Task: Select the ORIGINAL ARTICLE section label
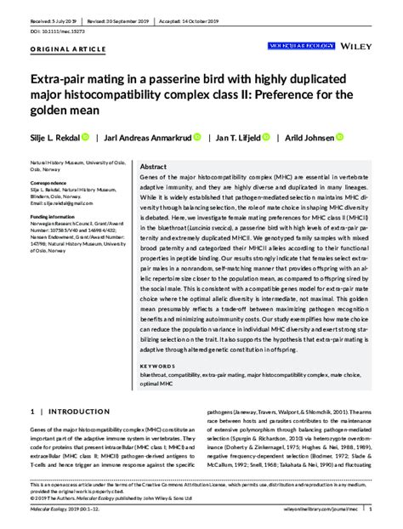pos(63,49)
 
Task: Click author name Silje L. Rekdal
pos(54,137)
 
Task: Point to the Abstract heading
pos(153,168)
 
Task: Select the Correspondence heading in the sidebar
pos(48,183)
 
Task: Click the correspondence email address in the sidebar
pos(55,204)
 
